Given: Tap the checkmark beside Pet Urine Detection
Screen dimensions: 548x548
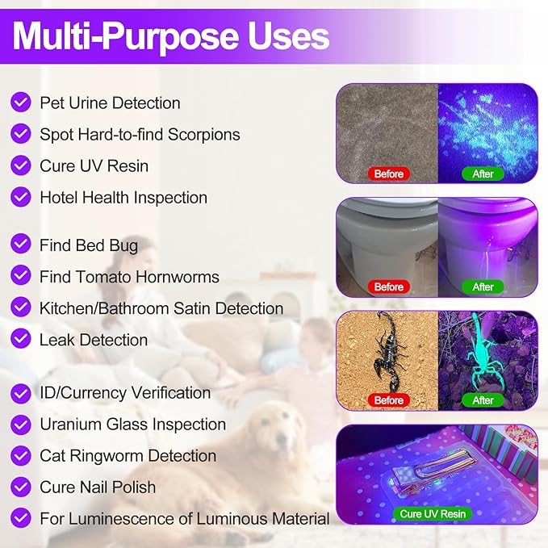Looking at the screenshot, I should (x=21, y=102).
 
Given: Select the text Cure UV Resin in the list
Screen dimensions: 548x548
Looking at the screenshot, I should (x=94, y=165).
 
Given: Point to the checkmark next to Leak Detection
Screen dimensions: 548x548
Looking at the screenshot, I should (x=21, y=339).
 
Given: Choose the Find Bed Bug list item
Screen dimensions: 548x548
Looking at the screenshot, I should (x=89, y=245).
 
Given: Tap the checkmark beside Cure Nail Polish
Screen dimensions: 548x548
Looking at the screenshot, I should (x=21, y=487).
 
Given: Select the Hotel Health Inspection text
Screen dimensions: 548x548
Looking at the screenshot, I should (x=123, y=197).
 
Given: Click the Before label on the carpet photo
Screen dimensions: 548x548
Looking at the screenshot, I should (x=388, y=174).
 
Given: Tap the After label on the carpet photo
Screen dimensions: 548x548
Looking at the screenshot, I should (x=483, y=174).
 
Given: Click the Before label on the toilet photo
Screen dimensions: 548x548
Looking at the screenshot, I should (x=388, y=287).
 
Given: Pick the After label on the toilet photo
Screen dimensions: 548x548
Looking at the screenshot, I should (x=483, y=287).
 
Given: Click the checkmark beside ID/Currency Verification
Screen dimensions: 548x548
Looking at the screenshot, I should (x=21, y=392).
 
